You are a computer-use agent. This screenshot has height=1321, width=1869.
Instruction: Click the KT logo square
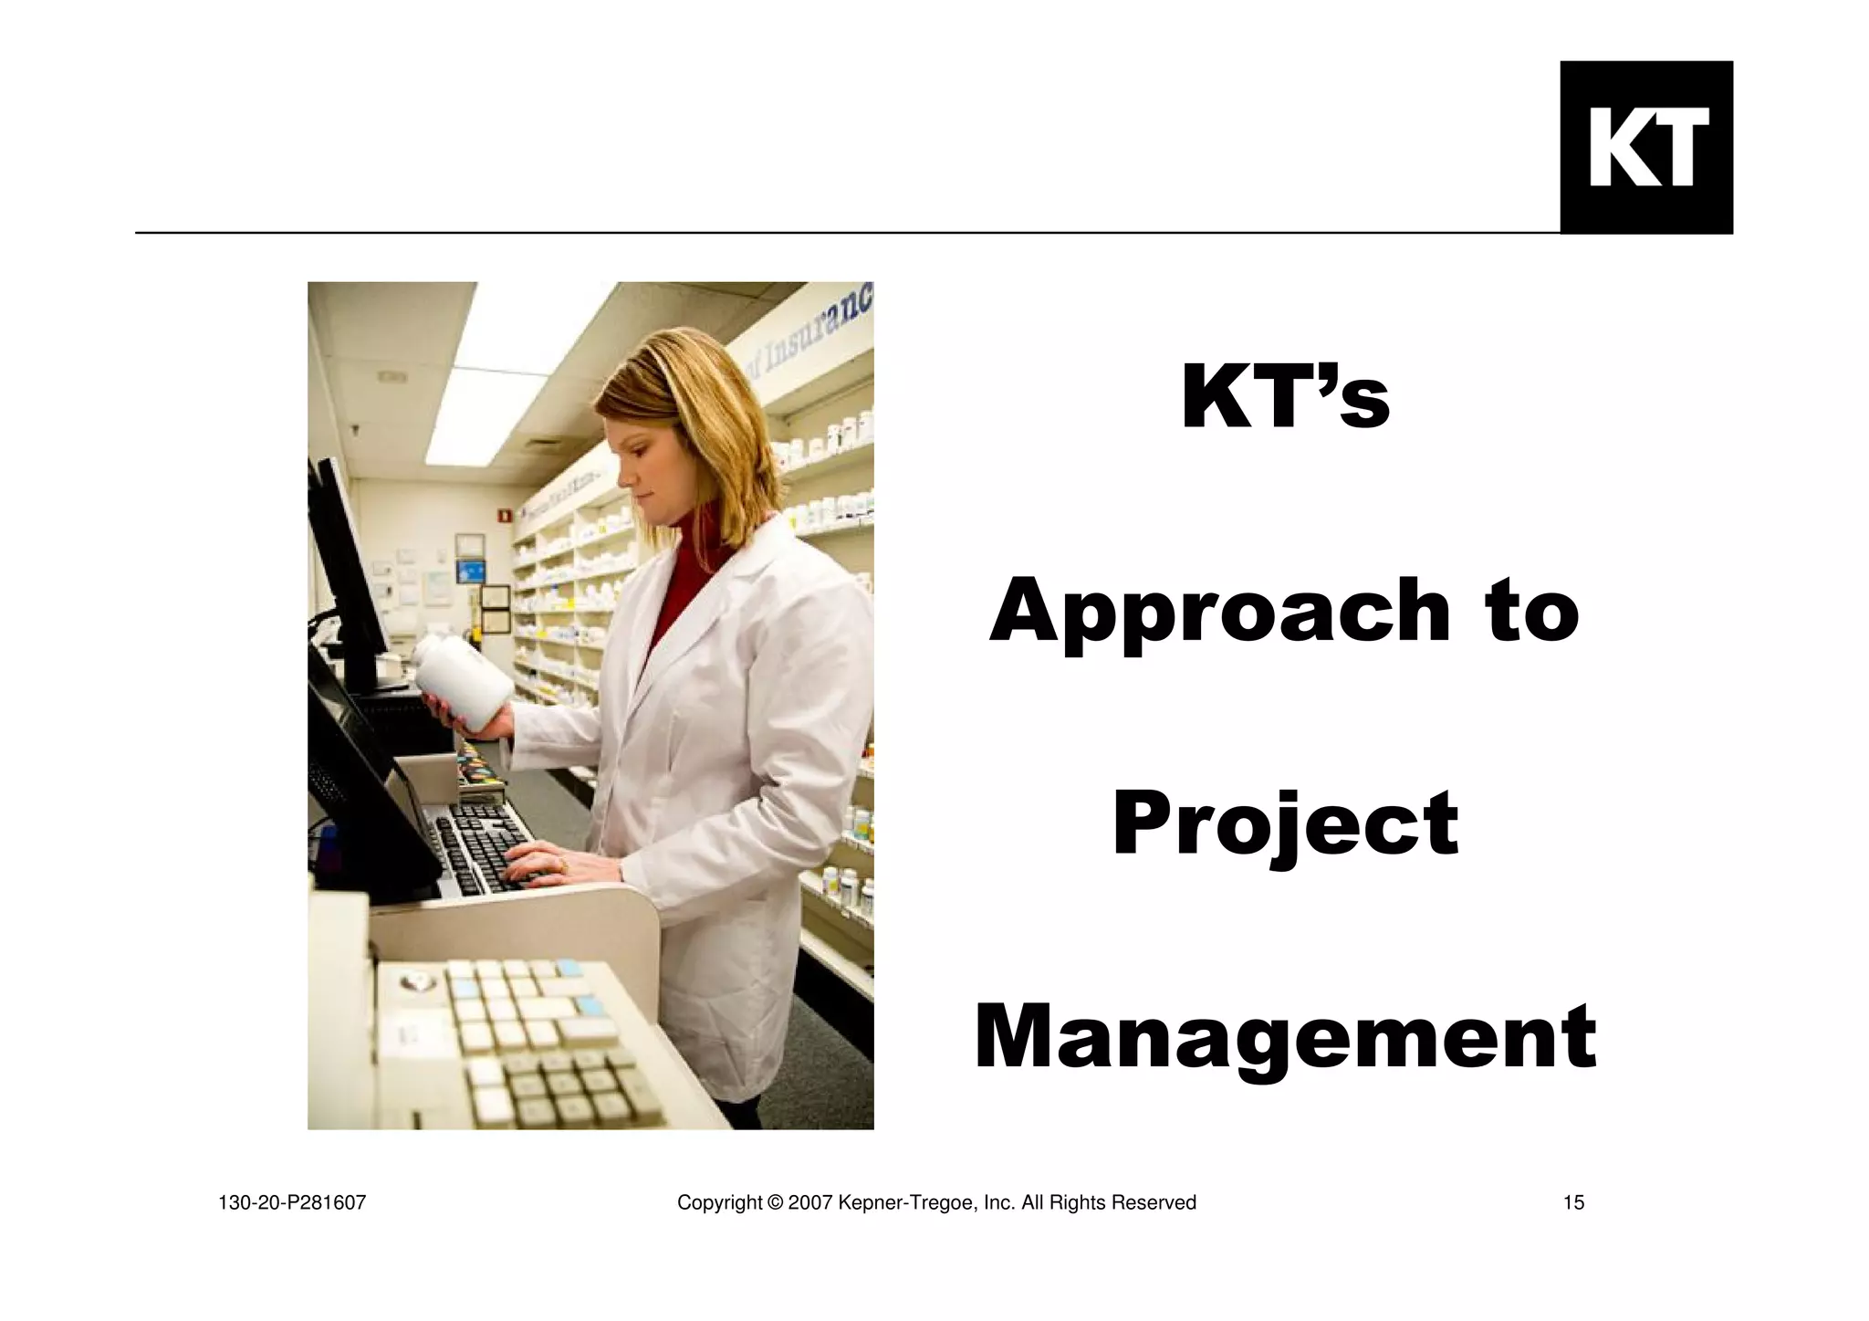click(1645, 147)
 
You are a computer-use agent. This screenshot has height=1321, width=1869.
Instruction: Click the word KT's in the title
click(1285, 398)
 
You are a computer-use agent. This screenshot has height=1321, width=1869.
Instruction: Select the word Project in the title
click(1285, 825)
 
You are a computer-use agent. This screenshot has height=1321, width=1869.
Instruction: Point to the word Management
click(1285, 1039)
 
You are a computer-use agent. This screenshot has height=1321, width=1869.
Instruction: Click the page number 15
click(1573, 1203)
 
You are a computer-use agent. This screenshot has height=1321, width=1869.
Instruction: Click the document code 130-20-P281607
click(292, 1203)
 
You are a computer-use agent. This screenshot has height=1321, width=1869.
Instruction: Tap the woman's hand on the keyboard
click(538, 863)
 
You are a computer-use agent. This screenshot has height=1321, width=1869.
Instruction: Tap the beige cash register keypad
click(538, 1041)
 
